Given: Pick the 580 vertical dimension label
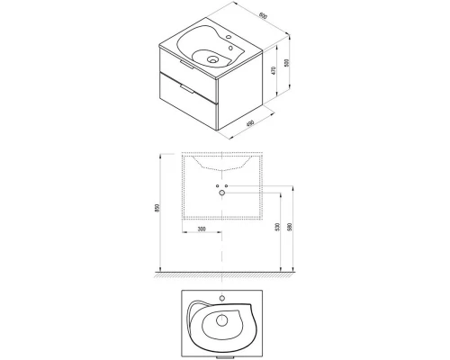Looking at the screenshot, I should point(288,229).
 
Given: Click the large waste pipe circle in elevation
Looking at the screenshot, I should point(220,193).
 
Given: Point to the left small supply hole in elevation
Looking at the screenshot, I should point(216,185).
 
